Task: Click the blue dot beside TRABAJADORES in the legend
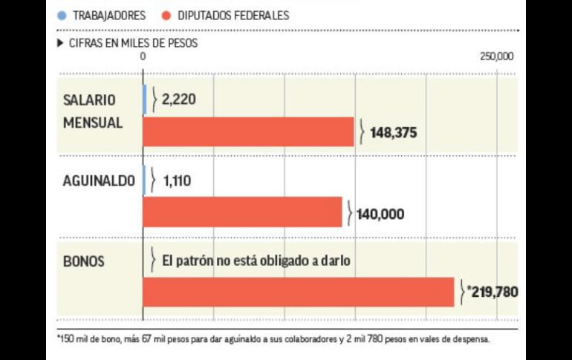click(x=60, y=15)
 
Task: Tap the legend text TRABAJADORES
click(x=108, y=15)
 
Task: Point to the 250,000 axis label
click(x=496, y=56)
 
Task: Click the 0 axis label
click(x=143, y=56)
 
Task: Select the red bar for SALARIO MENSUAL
click(x=248, y=132)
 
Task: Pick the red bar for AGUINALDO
click(x=242, y=212)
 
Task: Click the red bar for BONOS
click(x=298, y=291)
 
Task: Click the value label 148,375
click(x=394, y=134)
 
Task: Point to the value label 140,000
click(x=380, y=214)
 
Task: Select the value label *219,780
click(x=492, y=292)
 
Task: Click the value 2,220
click(x=178, y=99)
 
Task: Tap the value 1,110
click(x=177, y=179)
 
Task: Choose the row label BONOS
click(x=84, y=261)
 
